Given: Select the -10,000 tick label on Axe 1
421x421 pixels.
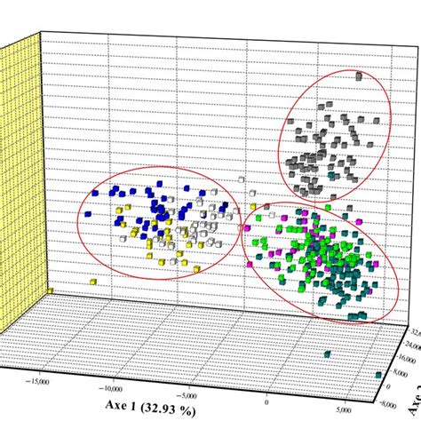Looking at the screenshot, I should click(x=113, y=388).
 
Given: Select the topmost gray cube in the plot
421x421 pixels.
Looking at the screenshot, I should click(x=359, y=78).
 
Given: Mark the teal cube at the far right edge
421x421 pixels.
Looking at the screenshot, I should click(x=379, y=373).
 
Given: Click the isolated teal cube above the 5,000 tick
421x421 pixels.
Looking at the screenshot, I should click(x=328, y=353).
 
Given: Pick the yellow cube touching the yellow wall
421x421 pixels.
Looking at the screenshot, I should click(x=51, y=290).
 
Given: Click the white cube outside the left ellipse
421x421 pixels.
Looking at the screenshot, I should click(x=240, y=180).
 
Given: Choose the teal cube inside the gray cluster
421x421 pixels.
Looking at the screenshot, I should click(x=333, y=177).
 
